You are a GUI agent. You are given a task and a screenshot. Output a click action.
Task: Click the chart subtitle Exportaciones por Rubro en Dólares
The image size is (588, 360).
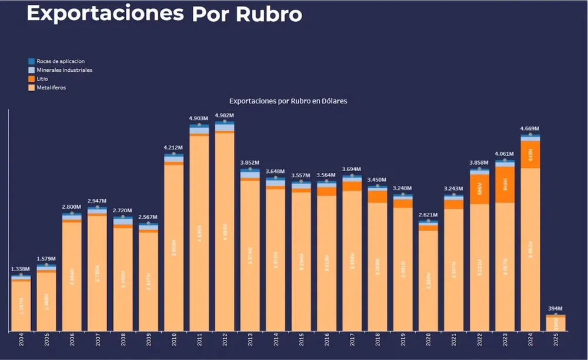pyautogui.click(x=288, y=101)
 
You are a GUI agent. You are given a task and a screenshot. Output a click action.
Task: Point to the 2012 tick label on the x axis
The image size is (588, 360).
pyautogui.click(x=225, y=342)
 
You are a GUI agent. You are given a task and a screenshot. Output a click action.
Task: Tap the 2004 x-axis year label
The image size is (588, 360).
pyautogui.click(x=21, y=342)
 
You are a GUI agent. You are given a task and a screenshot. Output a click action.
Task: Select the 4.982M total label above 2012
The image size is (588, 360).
pyautogui.click(x=225, y=115)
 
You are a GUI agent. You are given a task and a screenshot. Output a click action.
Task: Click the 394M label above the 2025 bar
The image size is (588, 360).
pyautogui.click(x=556, y=308)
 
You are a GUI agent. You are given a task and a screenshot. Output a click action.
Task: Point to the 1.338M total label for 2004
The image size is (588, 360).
pyautogui.click(x=21, y=269)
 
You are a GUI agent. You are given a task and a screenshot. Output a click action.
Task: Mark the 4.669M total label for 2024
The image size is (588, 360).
pyautogui.click(x=530, y=129)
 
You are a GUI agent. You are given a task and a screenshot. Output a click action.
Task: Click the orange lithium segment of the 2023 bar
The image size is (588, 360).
pyautogui.click(x=505, y=185)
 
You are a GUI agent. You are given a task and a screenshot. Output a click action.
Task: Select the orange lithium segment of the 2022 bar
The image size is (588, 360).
pyautogui.click(x=479, y=189)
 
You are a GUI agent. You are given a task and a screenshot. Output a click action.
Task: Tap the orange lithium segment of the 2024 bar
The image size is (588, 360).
pyautogui.click(x=530, y=155)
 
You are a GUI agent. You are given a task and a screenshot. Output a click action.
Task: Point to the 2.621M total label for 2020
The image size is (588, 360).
pyautogui.click(x=428, y=215)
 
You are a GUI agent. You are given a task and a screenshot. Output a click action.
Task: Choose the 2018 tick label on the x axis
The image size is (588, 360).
pyautogui.click(x=377, y=342)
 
